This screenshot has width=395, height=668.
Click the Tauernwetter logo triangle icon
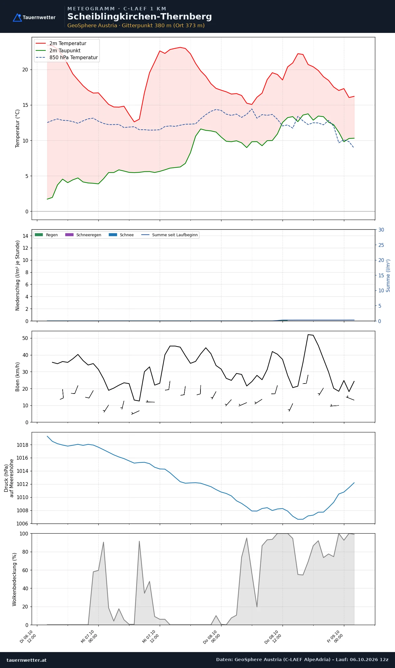click(x=17, y=18)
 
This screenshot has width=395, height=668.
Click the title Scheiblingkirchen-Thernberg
click(x=140, y=17)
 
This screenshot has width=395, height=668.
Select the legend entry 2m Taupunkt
click(x=58, y=50)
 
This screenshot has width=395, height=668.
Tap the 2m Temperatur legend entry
click(x=61, y=44)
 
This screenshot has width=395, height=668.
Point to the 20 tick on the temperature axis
click(x=25, y=70)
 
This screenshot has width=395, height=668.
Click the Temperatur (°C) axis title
click(x=18, y=128)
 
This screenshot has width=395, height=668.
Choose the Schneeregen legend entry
click(x=83, y=235)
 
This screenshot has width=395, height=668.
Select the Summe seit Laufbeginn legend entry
click(x=169, y=235)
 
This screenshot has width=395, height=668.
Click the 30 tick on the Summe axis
click(x=381, y=230)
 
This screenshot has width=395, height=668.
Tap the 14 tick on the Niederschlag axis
click(x=25, y=236)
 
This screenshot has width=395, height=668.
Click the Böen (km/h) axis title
click(x=18, y=377)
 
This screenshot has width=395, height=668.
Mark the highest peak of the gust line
click(x=308, y=334)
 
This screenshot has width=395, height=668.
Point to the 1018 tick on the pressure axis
click(x=22, y=445)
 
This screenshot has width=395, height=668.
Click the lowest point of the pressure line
click(x=300, y=519)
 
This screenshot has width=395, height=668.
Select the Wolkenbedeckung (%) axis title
click(x=14, y=579)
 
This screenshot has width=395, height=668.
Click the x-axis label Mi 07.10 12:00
click(x=151, y=637)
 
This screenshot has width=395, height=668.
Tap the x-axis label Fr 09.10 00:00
click(x=335, y=637)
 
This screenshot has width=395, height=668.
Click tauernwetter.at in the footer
click(x=27, y=660)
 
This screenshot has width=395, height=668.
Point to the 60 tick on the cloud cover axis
click(x=25, y=570)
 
